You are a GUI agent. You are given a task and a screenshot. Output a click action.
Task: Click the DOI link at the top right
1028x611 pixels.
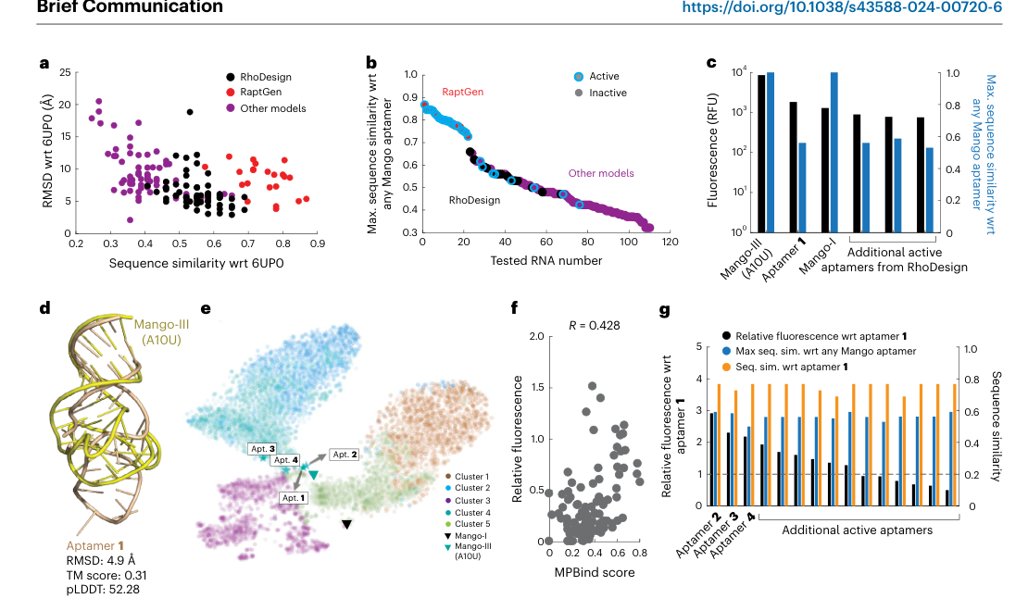click(x=842, y=7)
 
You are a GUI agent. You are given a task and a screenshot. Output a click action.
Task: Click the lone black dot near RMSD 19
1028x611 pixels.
click(x=190, y=112)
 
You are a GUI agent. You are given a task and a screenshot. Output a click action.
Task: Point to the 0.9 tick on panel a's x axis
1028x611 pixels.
click(x=318, y=243)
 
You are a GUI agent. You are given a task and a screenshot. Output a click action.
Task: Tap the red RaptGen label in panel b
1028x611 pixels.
click(x=462, y=92)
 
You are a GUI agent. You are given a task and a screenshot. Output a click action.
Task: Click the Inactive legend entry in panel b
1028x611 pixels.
click(x=600, y=94)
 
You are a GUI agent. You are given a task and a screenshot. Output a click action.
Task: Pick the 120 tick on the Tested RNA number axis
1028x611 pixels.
click(x=670, y=242)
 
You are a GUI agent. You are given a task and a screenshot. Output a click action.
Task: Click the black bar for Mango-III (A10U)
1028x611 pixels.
click(x=761, y=154)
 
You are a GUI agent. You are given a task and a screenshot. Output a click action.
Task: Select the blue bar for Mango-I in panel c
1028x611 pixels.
click(x=834, y=153)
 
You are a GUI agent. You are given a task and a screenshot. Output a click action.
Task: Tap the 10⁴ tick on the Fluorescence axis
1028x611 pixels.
click(x=739, y=72)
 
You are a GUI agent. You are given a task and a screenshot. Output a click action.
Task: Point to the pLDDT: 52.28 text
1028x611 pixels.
click(x=103, y=590)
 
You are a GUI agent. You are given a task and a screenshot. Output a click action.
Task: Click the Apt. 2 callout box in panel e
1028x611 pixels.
click(x=345, y=455)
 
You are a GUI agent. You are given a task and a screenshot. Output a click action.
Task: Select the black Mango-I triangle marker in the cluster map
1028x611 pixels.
click(x=346, y=525)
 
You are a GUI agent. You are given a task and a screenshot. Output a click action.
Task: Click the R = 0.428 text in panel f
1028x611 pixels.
click(x=594, y=326)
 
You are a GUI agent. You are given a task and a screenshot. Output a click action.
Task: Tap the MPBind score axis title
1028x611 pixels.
click(x=595, y=572)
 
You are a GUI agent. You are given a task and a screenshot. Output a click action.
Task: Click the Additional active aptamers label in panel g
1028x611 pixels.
click(x=857, y=530)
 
